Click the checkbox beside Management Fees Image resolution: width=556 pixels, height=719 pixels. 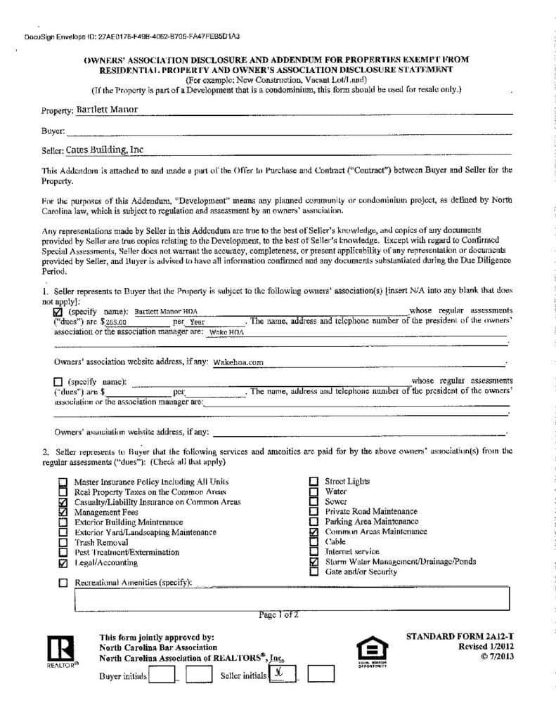click(x=63, y=513)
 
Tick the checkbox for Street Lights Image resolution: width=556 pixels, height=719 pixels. click(x=313, y=482)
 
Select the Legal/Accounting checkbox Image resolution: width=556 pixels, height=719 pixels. click(x=63, y=563)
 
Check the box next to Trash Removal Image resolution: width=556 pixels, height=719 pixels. click(x=63, y=543)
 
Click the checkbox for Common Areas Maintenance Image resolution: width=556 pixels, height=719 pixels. click(x=313, y=532)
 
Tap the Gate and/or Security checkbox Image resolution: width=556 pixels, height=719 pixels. click(x=313, y=572)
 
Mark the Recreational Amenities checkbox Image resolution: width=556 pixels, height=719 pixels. click(x=63, y=583)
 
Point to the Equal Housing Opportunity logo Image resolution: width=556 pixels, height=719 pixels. click(x=372, y=651)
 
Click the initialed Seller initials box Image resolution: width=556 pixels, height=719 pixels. click(x=282, y=675)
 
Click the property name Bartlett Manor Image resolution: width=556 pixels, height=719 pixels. click(x=108, y=110)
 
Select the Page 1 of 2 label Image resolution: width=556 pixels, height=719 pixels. click(x=278, y=615)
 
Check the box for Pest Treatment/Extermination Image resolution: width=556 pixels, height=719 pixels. click(x=63, y=553)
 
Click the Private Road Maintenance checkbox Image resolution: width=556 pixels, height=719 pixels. click(x=313, y=512)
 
